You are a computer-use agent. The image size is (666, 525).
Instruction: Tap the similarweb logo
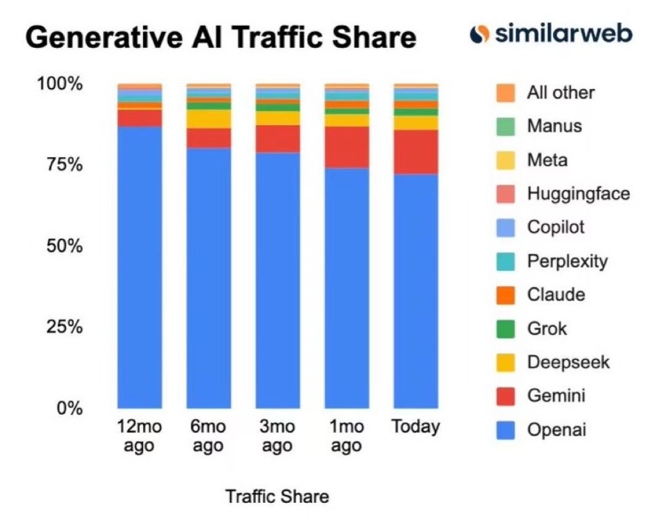coord(551,34)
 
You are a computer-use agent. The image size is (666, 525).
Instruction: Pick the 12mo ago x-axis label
coord(139,435)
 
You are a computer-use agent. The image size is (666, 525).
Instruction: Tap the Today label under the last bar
coord(416,426)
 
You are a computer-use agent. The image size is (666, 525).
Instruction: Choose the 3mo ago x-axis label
coord(278,435)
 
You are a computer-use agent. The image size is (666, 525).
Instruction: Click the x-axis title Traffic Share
coord(277,496)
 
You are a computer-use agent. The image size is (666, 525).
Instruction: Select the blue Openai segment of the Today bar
coord(416,293)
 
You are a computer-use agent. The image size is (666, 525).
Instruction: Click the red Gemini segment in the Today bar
coord(416,151)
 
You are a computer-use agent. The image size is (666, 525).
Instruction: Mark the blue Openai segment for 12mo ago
coord(139,266)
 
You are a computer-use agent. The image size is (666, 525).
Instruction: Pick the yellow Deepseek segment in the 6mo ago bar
coord(209,119)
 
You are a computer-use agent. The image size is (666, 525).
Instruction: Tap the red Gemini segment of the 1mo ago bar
coord(346,147)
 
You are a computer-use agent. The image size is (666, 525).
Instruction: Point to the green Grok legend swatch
coord(505,329)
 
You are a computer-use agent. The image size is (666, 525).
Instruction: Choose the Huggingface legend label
coord(577,194)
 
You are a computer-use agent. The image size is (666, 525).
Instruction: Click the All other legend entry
coord(559,92)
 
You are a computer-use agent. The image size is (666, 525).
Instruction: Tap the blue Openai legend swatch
coord(505,431)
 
